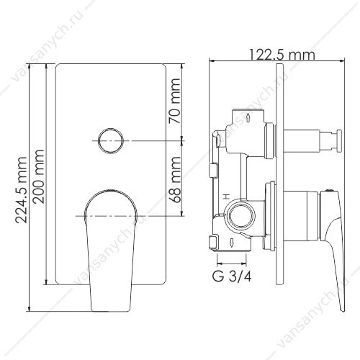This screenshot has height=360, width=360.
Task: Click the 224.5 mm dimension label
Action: [x=21, y=190]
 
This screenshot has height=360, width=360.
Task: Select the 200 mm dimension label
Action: [x=38, y=177]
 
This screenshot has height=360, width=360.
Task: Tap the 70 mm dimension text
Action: [x=174, y=101]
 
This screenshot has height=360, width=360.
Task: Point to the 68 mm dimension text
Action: [x=174, y=179]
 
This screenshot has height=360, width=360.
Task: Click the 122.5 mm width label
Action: [x=282, y=55]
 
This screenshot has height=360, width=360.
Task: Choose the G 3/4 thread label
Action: [x=232, y=276]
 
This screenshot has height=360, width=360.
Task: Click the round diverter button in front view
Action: [x=111, y=141]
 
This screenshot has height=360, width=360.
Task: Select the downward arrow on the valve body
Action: [x=232, y=243]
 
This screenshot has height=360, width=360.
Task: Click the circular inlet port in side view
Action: [x=240, y=215]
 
